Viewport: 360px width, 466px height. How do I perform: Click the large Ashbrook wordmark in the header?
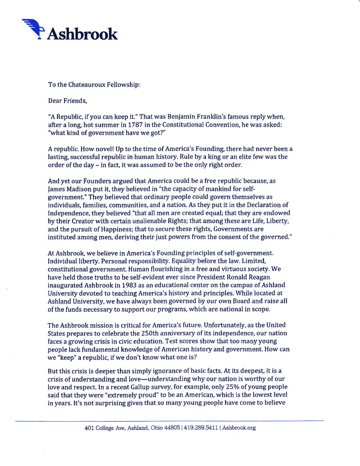[x=82, y=33]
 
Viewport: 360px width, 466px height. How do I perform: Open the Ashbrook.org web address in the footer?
[x=239, y=428]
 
